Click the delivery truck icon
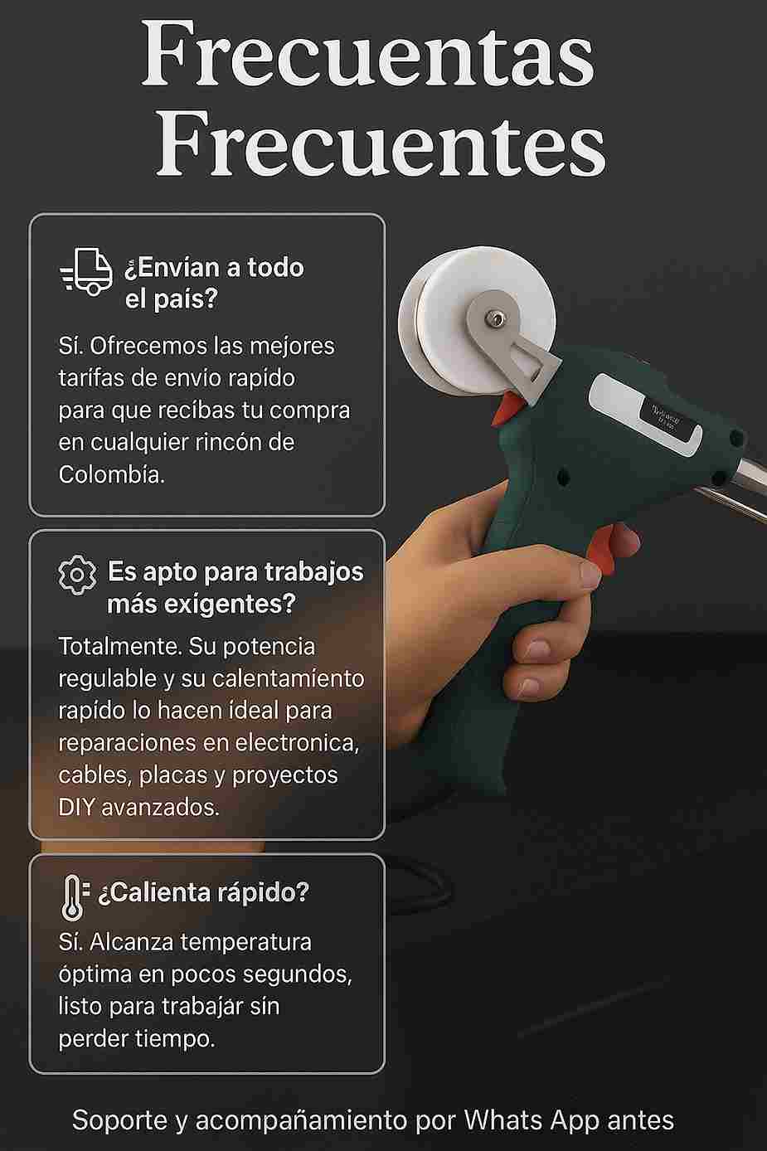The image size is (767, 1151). tap(86, 271)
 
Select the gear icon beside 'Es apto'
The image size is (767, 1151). tap(77, 575)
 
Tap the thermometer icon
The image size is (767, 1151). tap(74, 898)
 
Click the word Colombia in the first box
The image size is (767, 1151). tap(111, 474)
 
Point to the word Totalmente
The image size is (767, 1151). tap(120, 646)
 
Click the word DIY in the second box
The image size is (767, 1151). tap(76, 807)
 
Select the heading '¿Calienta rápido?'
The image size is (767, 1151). tap(203, 892)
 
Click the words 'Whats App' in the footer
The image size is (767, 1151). tap(532, 1120)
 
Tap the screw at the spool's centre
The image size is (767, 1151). tap(494, 320)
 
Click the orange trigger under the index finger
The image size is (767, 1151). tap(601, 550)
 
